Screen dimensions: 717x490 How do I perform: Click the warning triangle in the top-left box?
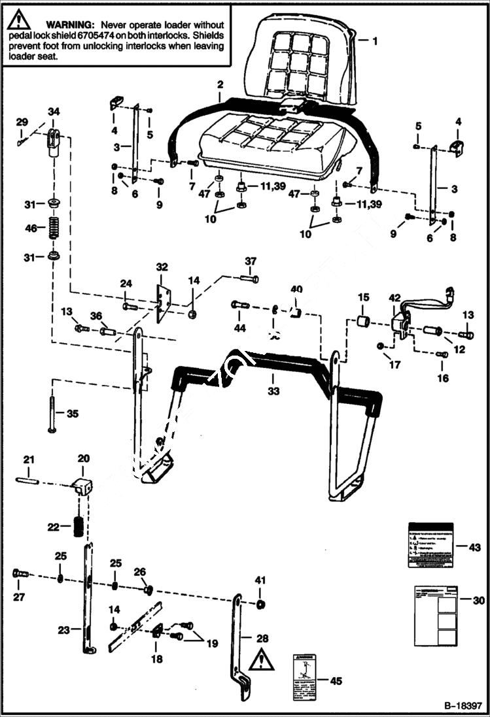pyautogui.click(x=20, y=22)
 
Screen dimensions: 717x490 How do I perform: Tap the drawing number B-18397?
pyautogui.click(x=463, y=707)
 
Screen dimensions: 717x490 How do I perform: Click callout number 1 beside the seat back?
pyautogui.click(x=375, y=40)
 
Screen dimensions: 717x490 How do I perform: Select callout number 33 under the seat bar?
pyautogui.click(x=273, y=392)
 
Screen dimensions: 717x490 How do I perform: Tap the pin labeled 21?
pyautogui.click(x=28, y=482)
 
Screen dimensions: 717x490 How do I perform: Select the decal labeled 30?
pyautogui.click(x=432, y=616)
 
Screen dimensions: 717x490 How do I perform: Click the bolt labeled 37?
pyautogui.click(x=249, y=278)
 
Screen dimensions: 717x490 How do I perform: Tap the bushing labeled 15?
pyautogui.click(x=363, y=322)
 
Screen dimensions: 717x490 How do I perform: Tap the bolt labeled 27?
pyautogui.click(x=20, y=574)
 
